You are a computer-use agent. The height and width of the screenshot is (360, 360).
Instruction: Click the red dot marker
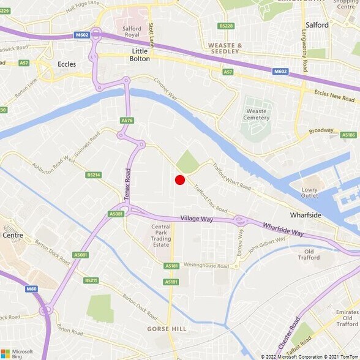pos(180,180)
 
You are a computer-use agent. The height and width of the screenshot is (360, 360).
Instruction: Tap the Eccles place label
pos(66,64)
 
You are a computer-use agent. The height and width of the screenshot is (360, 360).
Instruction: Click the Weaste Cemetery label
pos(256,114)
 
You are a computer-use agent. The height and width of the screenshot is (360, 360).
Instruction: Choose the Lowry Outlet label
pos(310,192)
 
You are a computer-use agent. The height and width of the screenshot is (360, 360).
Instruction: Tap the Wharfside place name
pos(306,216)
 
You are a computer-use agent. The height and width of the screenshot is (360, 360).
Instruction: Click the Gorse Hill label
pos(171,328)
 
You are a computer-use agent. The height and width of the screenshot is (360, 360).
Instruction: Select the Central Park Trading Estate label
pos(161,236)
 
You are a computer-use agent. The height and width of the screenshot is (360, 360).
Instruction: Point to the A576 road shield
pos(127,121)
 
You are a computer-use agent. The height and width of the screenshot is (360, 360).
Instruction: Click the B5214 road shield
pos(93,174)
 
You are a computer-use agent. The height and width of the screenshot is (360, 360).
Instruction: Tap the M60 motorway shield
pos(31,288)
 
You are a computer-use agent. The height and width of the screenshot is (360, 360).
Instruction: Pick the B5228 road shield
pos(226,26)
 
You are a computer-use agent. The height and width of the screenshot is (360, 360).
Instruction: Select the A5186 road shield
pos(348,135)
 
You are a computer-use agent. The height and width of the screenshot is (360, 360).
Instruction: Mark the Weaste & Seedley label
pos(225,48)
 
